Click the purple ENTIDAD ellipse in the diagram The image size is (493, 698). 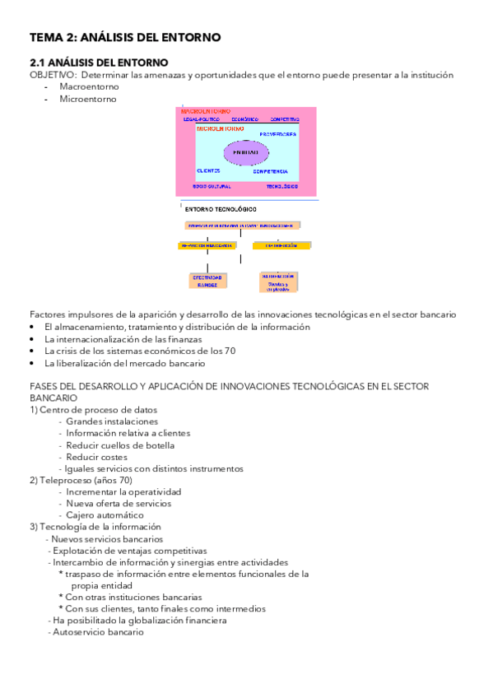[x=245, y=152]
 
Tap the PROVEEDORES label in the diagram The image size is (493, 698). [x=277, y=134]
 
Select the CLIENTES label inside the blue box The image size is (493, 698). [x=208, y=170]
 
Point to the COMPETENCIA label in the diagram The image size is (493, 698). [x=270, y=171]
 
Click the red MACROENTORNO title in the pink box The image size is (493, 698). [x=200, y=110]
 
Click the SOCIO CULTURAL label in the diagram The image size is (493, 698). [x=211, y=186]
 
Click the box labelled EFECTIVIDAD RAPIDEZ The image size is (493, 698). [x=207, y=281]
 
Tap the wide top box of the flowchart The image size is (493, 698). [x=243, y=224]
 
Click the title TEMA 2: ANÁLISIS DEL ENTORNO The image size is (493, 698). [x=124, y=37]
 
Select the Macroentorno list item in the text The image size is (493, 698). [x=89, y=86]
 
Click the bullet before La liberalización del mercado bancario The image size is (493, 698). [x=32, y=363]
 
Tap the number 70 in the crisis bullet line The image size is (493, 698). [x=230, y=351]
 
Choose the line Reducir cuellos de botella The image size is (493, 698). [x=120, y=445]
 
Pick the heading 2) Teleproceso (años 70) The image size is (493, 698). [x=81, y=480]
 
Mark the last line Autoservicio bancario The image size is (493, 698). [x=97, y=632]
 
